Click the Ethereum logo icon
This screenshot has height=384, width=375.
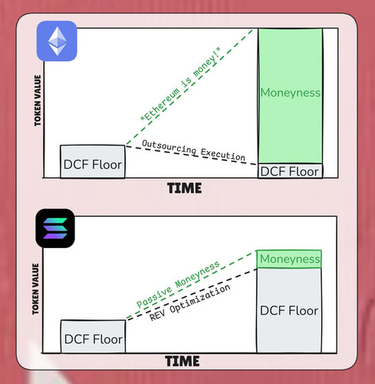tap(57, 41)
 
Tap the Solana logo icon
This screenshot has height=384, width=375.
tap(55, 228)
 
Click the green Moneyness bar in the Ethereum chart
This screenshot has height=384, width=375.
tap(290, 96)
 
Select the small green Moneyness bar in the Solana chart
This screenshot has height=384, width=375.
tap(289, 259)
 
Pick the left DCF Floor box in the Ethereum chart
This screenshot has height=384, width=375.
tap(93, 161)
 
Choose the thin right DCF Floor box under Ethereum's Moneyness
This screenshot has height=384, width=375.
tap(290, 170)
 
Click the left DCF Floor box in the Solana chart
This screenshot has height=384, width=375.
tap(93, 336)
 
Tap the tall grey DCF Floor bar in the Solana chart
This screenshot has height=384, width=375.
tap(289, 310)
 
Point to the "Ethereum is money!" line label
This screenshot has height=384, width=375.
tap(180, 84)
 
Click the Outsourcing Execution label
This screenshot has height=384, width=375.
tap(193, 151)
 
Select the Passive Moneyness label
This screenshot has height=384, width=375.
tap(178, 284)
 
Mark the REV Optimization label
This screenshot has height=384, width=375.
tap(189, 303)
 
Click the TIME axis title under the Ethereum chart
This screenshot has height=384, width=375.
tap(185, 188)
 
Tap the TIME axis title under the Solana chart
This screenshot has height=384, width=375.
tap(183, 361)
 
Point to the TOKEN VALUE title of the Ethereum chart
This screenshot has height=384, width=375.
tap(38, 101)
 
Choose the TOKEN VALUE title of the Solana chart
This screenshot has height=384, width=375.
tap(35, 289)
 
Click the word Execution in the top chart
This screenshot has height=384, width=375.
tap(223, 154)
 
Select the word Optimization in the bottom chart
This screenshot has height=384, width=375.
tap(200, 298)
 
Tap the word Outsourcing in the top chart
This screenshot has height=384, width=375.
tap(169, 147)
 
